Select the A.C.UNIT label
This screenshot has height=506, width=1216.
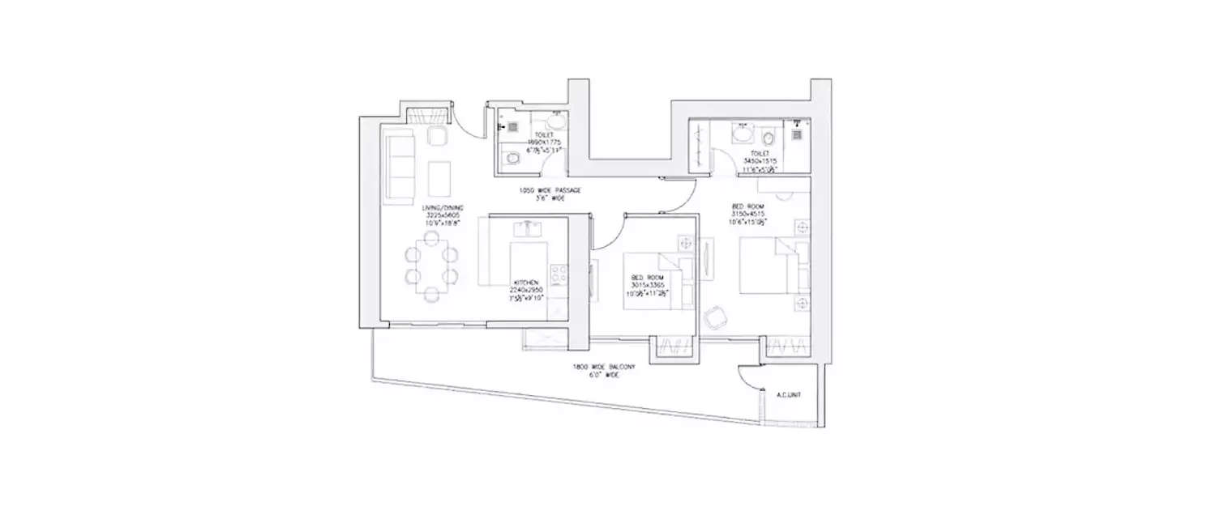click(x=788, y=395)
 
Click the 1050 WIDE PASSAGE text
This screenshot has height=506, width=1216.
click(x=550, y=191)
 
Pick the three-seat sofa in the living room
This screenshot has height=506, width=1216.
click(x=399, y=168)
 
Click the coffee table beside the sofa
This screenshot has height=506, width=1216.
click(x=439, y=176)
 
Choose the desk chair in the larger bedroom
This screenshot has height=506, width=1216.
click(x=715, y=317)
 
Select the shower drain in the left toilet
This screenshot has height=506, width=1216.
click(x=513, y=126)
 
